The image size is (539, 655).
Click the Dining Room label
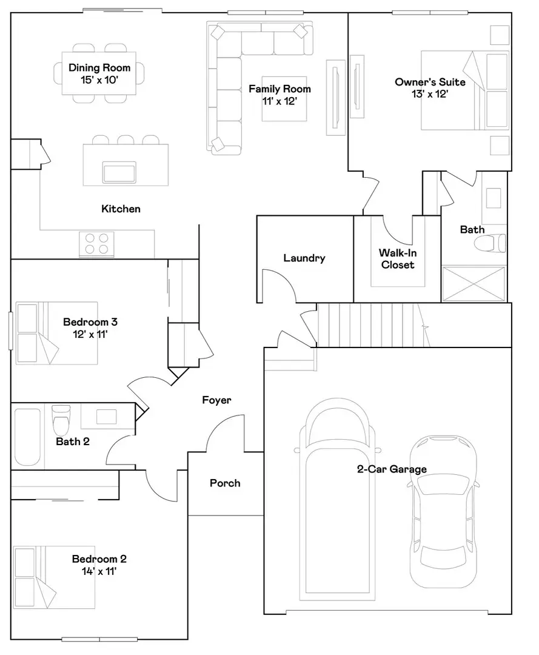tap(99, 69)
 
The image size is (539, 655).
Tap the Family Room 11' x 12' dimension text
tap(280, 101)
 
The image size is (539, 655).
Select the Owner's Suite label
tap(430, 82)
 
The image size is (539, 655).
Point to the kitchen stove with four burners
tap(97, 243)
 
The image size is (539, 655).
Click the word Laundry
tap(304, 258)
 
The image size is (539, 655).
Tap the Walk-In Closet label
tap(398, 259)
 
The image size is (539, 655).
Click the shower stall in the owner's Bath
tap(473, 283)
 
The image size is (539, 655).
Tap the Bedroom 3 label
tap(85, 322)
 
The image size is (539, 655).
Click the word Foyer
tap(216, 400)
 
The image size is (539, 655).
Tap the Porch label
tap(225, 483)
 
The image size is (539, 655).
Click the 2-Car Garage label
tap(391, 469)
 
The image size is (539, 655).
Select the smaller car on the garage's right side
tap(442, 512)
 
